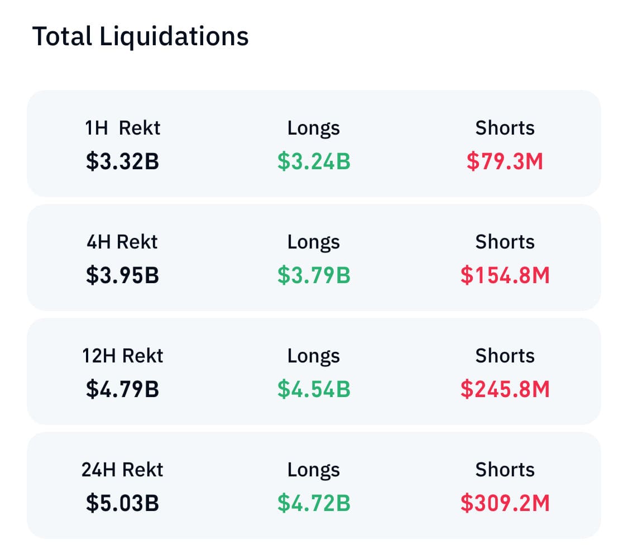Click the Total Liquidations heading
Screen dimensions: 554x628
140,37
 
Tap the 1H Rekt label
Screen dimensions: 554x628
123,128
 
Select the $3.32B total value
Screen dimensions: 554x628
123,162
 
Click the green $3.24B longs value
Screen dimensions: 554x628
314,162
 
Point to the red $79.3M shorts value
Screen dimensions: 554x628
505,162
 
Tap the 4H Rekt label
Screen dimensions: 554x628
123,242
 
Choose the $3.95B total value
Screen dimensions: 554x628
123,276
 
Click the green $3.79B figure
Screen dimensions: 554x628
314,276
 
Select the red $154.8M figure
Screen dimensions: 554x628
505,276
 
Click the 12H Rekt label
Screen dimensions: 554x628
123,356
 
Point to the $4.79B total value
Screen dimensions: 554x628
123,390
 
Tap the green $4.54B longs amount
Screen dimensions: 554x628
314,390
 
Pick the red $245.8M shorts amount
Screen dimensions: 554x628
505,390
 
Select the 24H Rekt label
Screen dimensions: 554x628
123,470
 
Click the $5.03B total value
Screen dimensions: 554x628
123,504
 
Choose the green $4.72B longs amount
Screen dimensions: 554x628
314,504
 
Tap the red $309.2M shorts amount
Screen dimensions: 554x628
505,504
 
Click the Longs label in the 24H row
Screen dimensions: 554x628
314,470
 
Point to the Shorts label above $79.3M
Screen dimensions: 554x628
505,128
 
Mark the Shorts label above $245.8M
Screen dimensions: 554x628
505,356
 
